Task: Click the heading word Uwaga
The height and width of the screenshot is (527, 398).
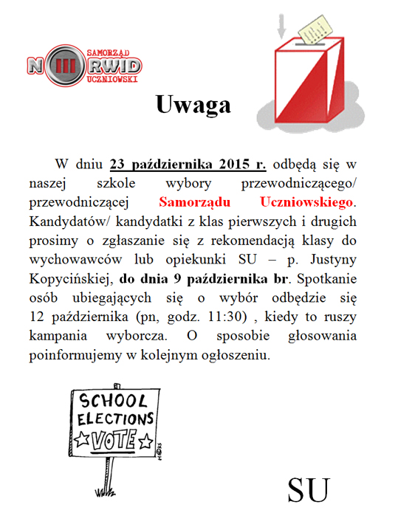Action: coord(193,105)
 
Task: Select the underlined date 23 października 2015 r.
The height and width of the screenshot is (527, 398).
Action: coord(193,163)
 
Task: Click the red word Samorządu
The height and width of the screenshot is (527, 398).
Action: coord(199,201)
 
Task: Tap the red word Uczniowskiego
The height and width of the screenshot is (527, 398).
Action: coord(307,201)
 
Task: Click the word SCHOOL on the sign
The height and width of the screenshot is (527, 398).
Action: coord(113,402)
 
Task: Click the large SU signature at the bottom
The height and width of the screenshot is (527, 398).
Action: coord(308,489)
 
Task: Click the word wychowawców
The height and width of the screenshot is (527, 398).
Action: coord(90,261)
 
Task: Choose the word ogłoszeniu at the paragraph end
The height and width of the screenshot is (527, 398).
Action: coord(236,356)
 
